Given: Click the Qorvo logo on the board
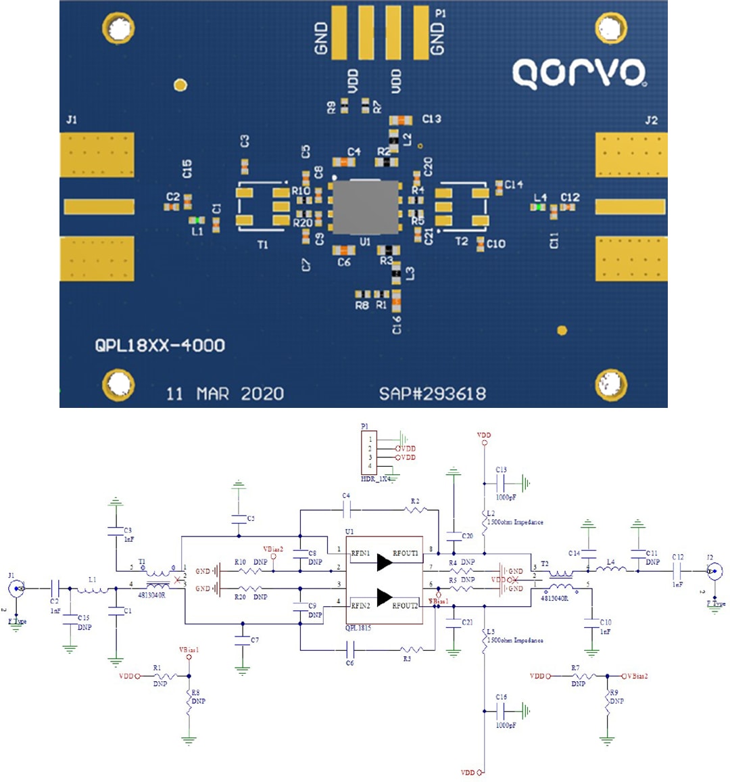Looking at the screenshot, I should pyautogui.click(x=579, y=73).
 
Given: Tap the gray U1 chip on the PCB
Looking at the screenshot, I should pyautogui.click(x=365, y=208).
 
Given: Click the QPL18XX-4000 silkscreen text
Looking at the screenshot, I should pyautogui.click(x=160, y=346).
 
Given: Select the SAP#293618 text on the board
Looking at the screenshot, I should pyautogui.click(x=432, y=394).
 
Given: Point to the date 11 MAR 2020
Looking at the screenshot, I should pyautogui.click(x=225, y=394).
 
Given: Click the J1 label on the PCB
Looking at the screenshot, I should pyautogui.click(x=72, y=120).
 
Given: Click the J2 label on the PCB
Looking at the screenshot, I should pyautogui.click(x=651, y=120).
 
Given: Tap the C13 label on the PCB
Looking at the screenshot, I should pyautogui.click(x=432, y=119).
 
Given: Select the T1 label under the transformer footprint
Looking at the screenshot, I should pyautogui.click(x=262, y=245).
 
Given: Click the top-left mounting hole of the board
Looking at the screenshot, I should pyautogui.click(x=119, y=28).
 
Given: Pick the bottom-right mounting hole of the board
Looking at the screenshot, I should pyautogui.click(x=612, y=385).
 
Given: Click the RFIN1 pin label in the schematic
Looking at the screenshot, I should pyautogui.click(x=360, y=554).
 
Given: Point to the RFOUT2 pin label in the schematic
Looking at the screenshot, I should pyautogui.click(x=405, y=605).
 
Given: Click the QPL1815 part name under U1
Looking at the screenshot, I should pyautogui.click(x=358, y=628).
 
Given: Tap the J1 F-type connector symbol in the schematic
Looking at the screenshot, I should pyautogui.click(x=18, y=589).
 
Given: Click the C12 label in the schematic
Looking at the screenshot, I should pyautogui.click(x=677, y=557).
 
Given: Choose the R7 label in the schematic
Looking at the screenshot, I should pyautogui.click(x=575, y=668).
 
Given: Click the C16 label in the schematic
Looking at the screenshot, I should pyautogui.click(x=501, y=697).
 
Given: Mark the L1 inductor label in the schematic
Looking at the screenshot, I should pyautogui.click(x=93, y=580).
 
